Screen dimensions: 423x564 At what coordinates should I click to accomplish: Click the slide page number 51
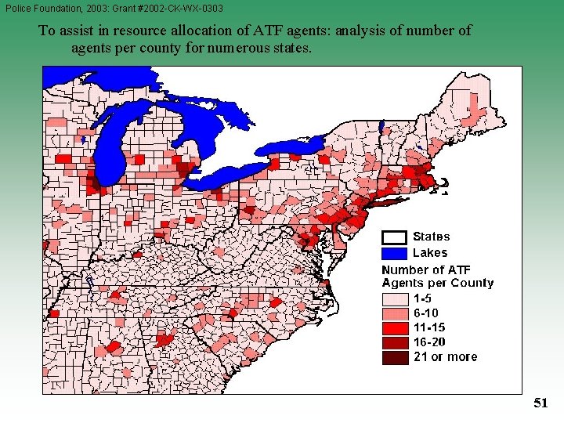tap(540, 403)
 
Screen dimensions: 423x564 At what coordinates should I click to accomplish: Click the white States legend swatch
tap(394, 237)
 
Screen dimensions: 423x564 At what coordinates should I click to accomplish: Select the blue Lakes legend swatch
tap(394, 253)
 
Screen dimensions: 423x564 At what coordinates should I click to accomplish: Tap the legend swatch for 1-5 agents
tap(394, 298)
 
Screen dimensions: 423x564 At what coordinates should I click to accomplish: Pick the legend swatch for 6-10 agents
tap(394, 313)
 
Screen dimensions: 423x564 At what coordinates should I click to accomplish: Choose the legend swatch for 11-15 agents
tap(394, 327)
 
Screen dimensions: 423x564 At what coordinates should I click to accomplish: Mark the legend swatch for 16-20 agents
tap(394, 342)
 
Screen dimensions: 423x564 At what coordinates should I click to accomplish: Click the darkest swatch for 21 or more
tap(394, 357)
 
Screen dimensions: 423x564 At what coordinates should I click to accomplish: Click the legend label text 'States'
tap(431, 237)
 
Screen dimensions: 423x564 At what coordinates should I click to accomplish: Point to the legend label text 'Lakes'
tap(430, 253)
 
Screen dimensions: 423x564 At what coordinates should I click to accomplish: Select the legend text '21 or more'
tap(445, 357)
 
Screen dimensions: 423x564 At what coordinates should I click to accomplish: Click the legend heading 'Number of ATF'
tap(426, 270)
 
